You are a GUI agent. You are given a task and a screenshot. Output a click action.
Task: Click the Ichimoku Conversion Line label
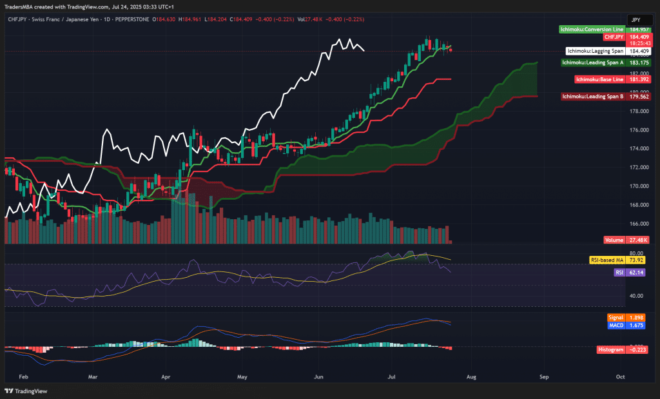point(592,30)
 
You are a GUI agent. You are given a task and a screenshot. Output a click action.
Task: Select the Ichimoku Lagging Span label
point(595,50)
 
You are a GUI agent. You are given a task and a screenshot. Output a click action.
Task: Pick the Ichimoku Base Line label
point(599,79)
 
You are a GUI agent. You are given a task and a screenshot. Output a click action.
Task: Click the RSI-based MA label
point(607,260)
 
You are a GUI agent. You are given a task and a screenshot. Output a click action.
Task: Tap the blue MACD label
point(616,326)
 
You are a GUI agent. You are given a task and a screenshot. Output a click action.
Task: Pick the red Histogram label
point(610,349)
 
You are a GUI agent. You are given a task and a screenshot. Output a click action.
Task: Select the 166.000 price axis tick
point(639,224)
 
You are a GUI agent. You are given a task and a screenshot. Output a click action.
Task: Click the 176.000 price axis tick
point(639,130)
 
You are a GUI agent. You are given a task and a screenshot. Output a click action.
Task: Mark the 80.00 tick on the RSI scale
point(637,253)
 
